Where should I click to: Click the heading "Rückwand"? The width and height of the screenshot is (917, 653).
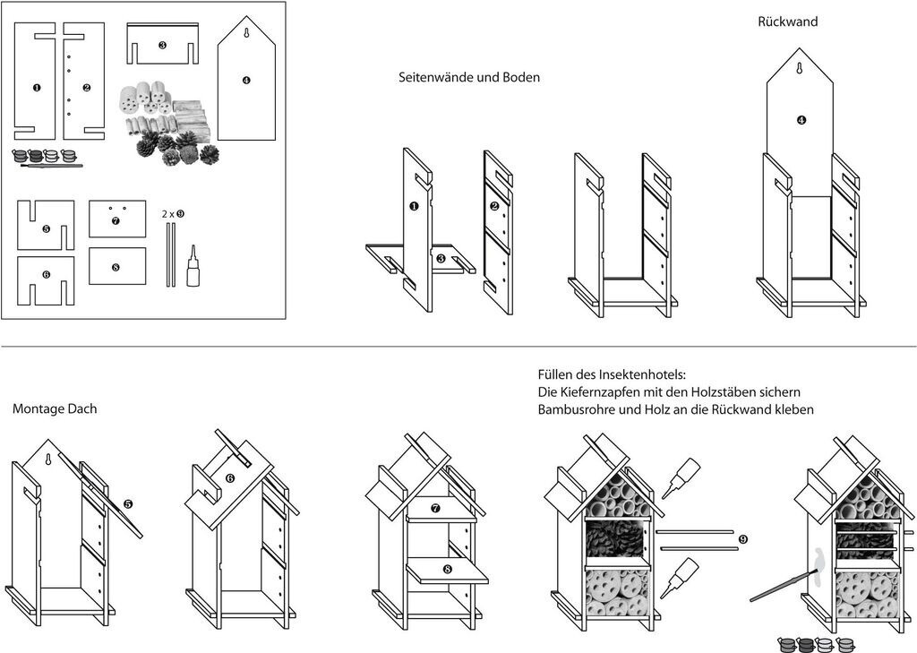787,21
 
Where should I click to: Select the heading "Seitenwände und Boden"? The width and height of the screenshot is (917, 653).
469,78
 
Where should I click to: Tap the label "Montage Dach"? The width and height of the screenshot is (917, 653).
55,408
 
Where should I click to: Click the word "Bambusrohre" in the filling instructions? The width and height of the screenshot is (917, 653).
574,410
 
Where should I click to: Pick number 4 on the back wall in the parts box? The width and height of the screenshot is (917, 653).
246,80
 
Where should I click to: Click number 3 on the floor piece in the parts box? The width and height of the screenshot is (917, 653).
162,44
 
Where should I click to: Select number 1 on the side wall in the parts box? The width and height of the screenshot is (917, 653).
36,88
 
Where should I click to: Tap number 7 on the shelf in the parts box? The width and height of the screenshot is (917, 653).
116,220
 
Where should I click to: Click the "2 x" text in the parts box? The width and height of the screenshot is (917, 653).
167,214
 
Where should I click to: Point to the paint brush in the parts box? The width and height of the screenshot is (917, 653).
50,166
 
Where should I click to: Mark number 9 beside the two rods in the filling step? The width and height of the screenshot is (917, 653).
742,539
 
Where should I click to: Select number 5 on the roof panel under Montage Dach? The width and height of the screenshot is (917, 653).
127,505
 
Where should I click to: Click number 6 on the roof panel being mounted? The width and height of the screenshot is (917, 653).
229,479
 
